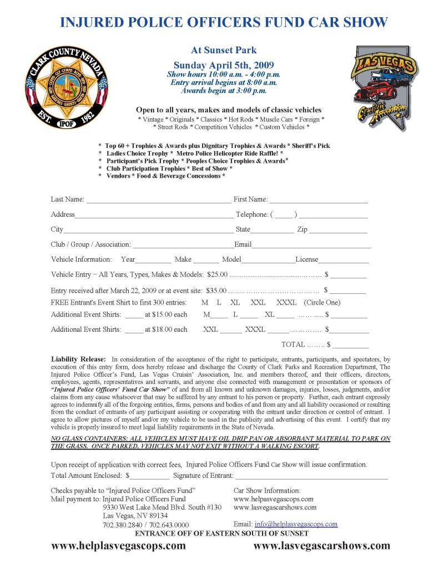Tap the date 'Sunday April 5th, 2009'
(x=224, y=64)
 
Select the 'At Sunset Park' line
(x=224, y=51)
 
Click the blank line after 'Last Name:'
(x=158, y=200)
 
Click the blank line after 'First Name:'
(x=319, y=200)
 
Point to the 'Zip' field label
(x=302, y=229)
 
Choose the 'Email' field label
(x=243, y=244)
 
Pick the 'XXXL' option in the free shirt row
(x=286, y=303)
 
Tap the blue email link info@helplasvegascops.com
(x=296, y=524)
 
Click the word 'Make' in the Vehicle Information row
(x=183, y=259)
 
